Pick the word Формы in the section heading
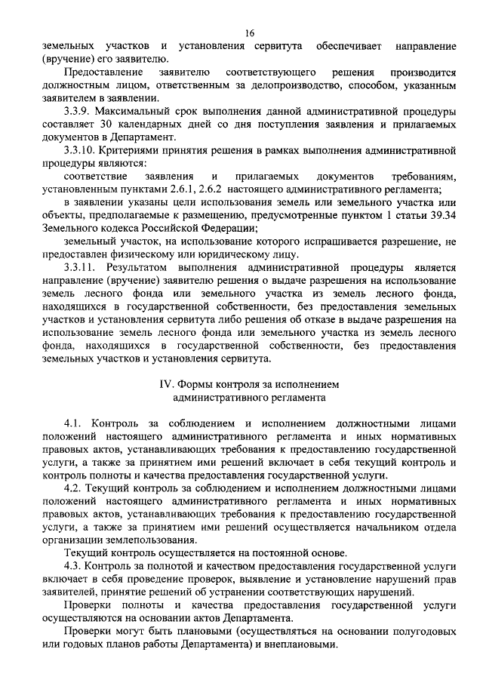pos(202,385)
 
